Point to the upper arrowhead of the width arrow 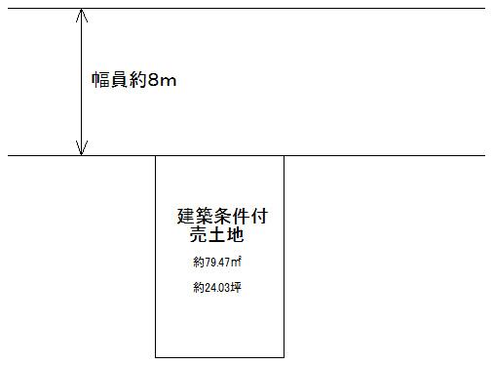coord(81,16)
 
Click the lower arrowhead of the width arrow coord(81,148)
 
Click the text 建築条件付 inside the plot coord(221,217)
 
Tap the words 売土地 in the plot coord(215,235)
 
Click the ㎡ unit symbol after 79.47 coord(237,262)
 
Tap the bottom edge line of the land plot coord(220,357)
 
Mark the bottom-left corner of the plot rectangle coord(156,357)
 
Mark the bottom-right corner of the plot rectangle coord(284,357)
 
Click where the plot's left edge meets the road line coord(156,155)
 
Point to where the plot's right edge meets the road coord(284,155)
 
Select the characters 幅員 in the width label coord(106,79)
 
